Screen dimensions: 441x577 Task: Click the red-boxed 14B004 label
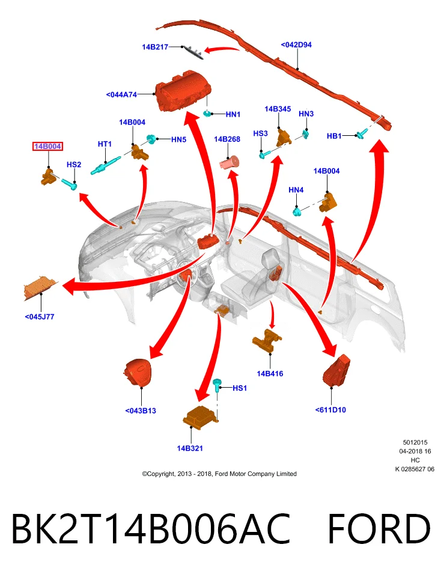tap(47, 147)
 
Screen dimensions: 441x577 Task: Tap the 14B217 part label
tap(155, 47)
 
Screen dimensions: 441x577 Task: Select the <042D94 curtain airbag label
tap(296, 44)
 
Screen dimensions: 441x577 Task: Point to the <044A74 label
tap(121, 94)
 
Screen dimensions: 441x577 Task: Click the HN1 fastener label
tap(233, 114)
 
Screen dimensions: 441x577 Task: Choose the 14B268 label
tap(227, 139)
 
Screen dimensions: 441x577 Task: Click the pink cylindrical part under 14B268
tap(229, 162)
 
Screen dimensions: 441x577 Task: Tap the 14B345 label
tap(278, 109)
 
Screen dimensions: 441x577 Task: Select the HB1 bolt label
tap(334, 136)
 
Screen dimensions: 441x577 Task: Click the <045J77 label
tap(40, 317)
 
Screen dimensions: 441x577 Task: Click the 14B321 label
tap(190, 448)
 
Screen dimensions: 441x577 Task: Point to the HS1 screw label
tap(240, 388)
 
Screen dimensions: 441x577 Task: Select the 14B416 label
tap(270, 374)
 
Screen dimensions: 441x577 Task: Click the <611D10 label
tap(330, 410)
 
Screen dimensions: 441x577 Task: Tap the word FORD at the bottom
tap(379, 528)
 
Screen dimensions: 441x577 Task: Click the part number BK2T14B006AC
tap(151, 528)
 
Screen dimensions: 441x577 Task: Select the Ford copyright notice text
tap(219, 474)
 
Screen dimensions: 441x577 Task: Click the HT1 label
tap(105, 144)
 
